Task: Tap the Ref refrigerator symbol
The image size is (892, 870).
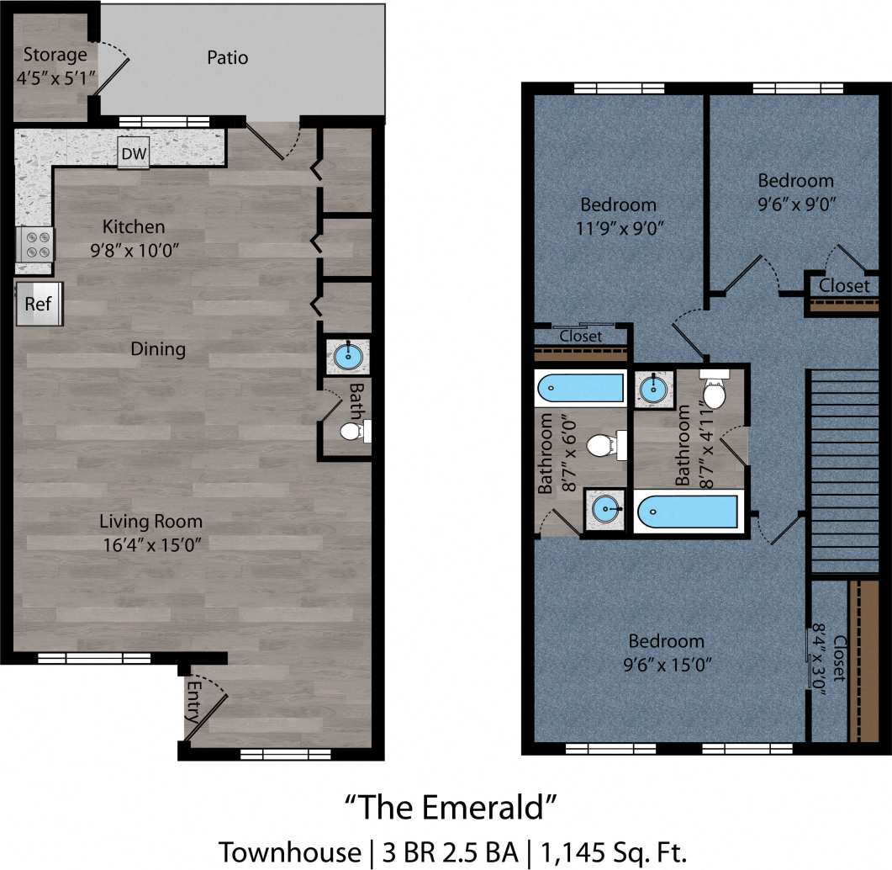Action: pyautogui.click(x=39, y=304)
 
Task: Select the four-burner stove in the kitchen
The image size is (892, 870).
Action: pyautogui.click(x=36, y=244)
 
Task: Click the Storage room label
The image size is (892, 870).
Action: pyautogui.click(x=55, y=56)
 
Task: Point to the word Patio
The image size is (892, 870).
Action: pyautogui.click(x=227, y=58)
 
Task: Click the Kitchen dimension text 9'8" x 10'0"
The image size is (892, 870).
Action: pyautogui.click(x=134, y=250)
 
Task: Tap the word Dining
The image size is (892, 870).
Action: pyautogui.click(x=158, y=348)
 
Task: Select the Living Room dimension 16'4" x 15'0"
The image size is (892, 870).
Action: pyautogui.click(x=150, y=544)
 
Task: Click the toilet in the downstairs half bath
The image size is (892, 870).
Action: pyautogui.click(x=353, y=432)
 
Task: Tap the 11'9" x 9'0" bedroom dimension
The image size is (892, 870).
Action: pyautogui.click(x=619, y=228)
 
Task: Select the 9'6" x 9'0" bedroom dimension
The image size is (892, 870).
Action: pyautogui.click(x=795, y=204)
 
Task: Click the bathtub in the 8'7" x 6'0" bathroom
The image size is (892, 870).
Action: pyautogui.click(x=580, y=389)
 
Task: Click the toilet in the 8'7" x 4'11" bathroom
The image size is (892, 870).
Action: pyautogui.click(x=714, y=390)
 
